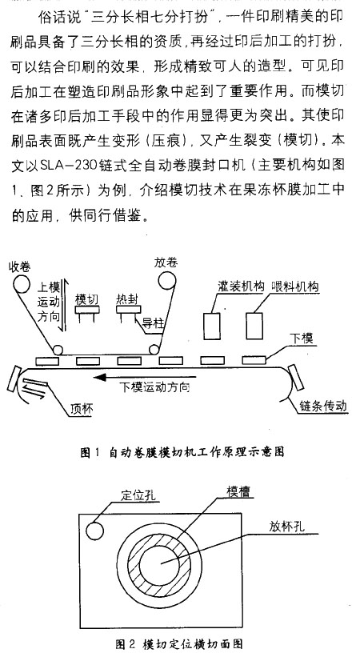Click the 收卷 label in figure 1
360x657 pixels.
pyautogui.click(x=20, y=266)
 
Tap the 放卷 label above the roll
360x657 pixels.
pyautogui.click(x=166, y=262)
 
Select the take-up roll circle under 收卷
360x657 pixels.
pyautogui.click(x=22, y=283)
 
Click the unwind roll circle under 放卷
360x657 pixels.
pyautogui.click(x=166, y=280)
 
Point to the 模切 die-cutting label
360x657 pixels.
pyautogui.click(x=86, y=299)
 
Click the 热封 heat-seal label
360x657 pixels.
pyautogui.click(x=127, y=298)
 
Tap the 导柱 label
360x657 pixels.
pyautogui.click(x=153, y=322)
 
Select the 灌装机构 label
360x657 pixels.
pyautogui.click(x=241, y=286)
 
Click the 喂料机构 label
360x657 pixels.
pyautogui.click(x=294, y=286)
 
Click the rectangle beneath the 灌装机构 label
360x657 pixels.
pyautogui.click(x=212, y=326)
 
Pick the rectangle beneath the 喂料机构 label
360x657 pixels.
pyautogui.click(x=254, y=326)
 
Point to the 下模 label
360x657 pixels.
pyautogui.click(x=302, y=338)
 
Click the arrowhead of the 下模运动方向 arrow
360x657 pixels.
pyautogui.click(x=99, y=377)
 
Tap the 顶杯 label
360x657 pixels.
pyautogui.click(x=82, y=410)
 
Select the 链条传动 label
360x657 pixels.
pyautogui.click(x=322, y=406)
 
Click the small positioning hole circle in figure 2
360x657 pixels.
pyautogui.click(x=94, y=531)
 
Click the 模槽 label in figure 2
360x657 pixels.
pyautogui.click(x=239, y=491)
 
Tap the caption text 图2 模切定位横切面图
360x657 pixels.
pyautogui.click(x=179, y=643)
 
